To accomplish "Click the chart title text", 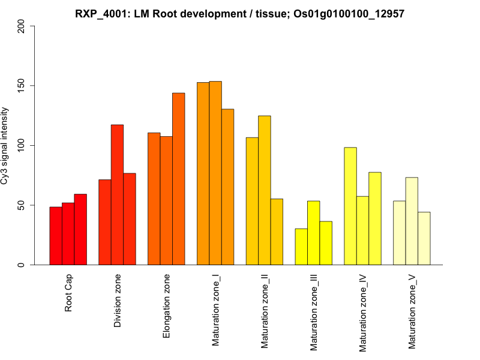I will [240, 13].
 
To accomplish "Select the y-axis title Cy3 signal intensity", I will [5, 145].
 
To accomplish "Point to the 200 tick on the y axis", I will [22, 26].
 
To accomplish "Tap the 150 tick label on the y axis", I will [22, 86].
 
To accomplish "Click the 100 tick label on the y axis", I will [22, 145].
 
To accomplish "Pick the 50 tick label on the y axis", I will [22, 205].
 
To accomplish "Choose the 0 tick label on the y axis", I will [22, 265].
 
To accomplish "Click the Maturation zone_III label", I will [313, 312].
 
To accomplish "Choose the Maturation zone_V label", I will [412, 311].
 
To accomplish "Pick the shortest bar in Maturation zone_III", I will [301, 247].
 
